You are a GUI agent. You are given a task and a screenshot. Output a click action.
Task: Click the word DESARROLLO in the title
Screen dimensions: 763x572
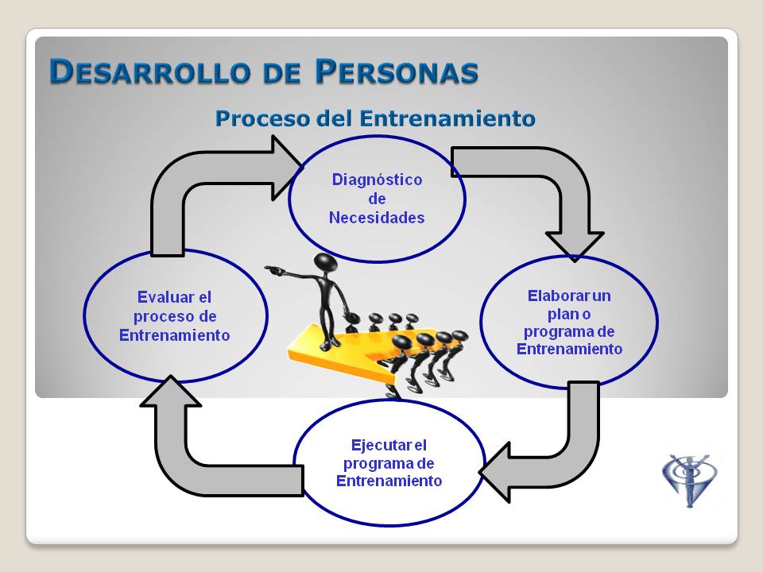coord(150,72)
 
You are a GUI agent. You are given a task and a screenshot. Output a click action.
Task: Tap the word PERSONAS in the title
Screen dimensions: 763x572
coord(397,72)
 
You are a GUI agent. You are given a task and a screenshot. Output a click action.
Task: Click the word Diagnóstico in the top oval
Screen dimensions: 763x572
coord(377,180)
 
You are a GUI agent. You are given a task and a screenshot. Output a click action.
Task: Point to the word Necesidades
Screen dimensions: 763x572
coord(377,218)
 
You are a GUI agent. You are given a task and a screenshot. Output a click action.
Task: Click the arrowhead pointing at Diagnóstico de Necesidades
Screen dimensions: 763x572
coord(287,168)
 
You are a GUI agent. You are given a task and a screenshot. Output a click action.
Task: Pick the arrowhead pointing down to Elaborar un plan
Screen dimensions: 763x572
coord(575,246)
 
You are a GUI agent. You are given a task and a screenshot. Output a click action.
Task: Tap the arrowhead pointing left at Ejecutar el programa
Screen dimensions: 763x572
coord(494,472)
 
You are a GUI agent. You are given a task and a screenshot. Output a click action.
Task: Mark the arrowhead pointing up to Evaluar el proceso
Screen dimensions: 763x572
coord(170,391)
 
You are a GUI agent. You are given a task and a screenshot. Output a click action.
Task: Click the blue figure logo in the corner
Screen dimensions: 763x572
coord(690,480)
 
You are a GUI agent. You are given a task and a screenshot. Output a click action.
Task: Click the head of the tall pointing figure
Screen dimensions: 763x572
coord(325,263)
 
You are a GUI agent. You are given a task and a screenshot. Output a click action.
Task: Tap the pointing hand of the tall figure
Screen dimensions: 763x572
coord(273,269)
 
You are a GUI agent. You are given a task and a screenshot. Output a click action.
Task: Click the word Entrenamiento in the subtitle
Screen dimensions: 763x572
coord(447,118)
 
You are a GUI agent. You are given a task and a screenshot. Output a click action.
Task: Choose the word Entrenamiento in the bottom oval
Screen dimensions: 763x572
coord(389,481)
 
